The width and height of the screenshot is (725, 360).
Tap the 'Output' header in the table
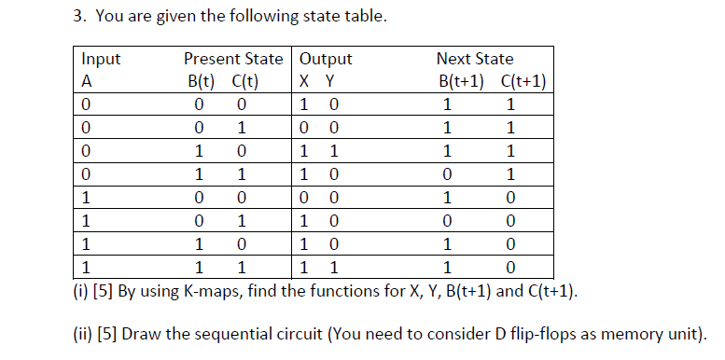pos(326,59)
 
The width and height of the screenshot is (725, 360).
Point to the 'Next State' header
pos(475,59)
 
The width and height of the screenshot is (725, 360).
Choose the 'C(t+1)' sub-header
pos(523,79)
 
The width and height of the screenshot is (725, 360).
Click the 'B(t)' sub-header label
pos(202,79)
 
